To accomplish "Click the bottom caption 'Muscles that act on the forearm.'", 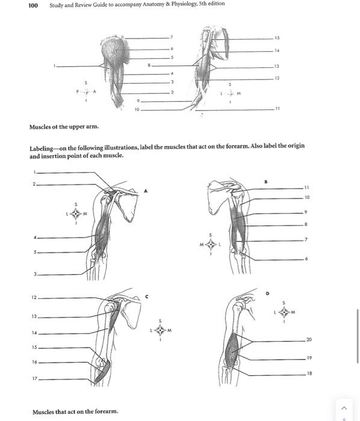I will click(75, 411).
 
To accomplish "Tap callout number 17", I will click(34, 378).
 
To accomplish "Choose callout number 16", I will click(34, 363).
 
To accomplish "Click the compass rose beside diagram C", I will click(160, 330).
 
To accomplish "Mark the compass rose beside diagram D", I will click(284, 312).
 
